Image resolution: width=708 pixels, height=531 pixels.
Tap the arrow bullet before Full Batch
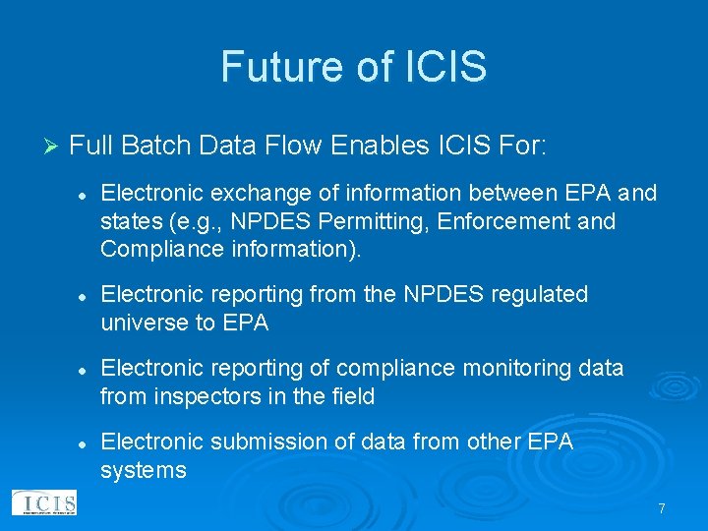(52, 147)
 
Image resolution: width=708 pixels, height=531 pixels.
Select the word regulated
(541, 294)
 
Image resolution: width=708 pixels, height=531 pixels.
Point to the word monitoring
(505, 368)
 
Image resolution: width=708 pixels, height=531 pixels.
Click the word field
(351, 395)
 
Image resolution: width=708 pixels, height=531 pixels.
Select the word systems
(143, 469)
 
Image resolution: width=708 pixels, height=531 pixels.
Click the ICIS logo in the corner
(42, 502)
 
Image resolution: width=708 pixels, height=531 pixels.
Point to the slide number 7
(662, 508)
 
